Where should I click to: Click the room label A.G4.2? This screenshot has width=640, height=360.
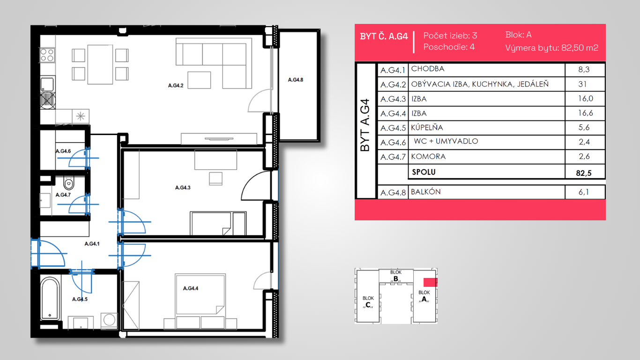coord(175,85)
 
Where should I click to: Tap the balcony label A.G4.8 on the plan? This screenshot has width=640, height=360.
coord(296,80)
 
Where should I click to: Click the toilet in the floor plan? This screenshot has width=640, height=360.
coord(68,183)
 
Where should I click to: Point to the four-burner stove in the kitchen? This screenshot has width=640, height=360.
coord(47,55)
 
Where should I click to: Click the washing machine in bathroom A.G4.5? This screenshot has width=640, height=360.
coord(109,320)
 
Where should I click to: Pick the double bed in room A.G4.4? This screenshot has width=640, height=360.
coord(200,301)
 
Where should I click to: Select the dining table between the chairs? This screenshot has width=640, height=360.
coord(100,64)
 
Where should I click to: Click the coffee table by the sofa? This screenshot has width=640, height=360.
coord(199,80)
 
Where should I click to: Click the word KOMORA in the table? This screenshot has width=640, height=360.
coord(428,157)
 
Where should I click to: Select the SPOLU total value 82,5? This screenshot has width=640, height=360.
coord(584,173)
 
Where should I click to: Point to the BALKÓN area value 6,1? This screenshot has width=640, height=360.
coord(584,192)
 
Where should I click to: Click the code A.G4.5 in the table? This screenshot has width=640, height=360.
coord(393,128)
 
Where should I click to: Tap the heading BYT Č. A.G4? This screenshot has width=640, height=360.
coord(384,37)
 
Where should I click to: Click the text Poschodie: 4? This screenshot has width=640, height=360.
coord(449,47)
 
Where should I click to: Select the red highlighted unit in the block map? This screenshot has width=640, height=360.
coord(430,282)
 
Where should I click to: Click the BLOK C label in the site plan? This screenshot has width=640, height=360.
coord(368,302)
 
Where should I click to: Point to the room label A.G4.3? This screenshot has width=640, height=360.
coord(183,187)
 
